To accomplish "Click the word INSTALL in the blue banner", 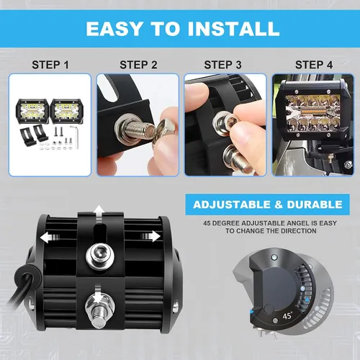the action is [233, 29].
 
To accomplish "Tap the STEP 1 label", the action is [50, 65].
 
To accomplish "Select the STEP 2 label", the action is [138, 65].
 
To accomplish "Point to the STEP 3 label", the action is [222, 65].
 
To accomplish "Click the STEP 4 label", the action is [314, 65].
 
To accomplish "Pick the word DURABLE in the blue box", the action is [315, 204].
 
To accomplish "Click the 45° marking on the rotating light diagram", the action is [287, 315].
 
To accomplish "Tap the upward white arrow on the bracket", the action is [99, 214].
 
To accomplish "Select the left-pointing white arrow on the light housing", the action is [49, 238].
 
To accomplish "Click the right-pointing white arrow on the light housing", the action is [150, 237].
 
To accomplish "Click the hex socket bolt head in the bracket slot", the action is [100, 256].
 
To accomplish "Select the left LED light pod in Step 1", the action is [32, 111].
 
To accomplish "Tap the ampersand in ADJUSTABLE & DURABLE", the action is [279, 204].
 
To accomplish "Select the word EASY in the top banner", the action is [114, 29].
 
